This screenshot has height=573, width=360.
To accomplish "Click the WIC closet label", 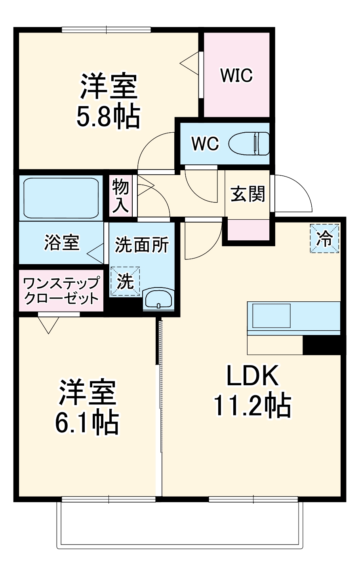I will (x=236, y=75).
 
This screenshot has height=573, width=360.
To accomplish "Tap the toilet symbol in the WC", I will (x=249, y=143).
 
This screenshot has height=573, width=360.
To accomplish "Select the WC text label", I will (x=205, y=144).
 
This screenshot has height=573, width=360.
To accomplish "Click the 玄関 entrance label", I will (x=248, y=194).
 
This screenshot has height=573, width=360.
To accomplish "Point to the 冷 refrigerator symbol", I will (x=324, y=238).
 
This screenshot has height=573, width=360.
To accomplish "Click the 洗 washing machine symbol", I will (x=125, y=281).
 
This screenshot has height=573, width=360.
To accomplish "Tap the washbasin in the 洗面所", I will (x=158, y=298).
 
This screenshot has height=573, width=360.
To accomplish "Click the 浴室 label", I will (x=62, y=242).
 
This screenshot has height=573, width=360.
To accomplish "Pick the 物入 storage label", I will (x=120, y=196).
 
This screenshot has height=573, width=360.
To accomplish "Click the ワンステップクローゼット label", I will (x=61, y=291).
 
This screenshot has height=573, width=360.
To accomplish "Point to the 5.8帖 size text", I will (x=108, y=116).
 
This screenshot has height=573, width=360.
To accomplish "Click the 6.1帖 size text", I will (x=86, y=423).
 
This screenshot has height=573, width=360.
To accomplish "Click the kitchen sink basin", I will (x=271, y=316).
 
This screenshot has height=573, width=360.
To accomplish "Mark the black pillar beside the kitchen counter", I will (x=322, y=345).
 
